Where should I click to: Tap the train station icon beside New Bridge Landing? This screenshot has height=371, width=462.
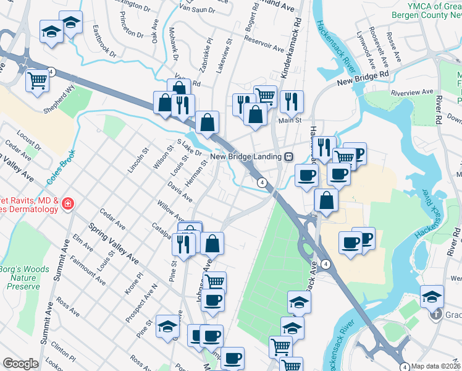pyautogui.click(x=288, y=157)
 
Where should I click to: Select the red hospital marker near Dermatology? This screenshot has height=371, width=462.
pyautogui.click(x=67, y=203)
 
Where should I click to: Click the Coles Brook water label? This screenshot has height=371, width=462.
pyautogui.click(x=61, y=167)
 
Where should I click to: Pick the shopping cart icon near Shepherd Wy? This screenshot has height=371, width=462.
pyautogui.click(x=38, y=80)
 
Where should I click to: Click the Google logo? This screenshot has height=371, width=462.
pyautogui.click(x=20, y=364)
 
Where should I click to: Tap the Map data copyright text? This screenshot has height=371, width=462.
pyautogui.click(x=436, y=366)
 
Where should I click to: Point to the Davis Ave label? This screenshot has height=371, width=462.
pyautogui.click(x=180, y=192)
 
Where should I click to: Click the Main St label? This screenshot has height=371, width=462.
pyautogui.click(x=288, y=121)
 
